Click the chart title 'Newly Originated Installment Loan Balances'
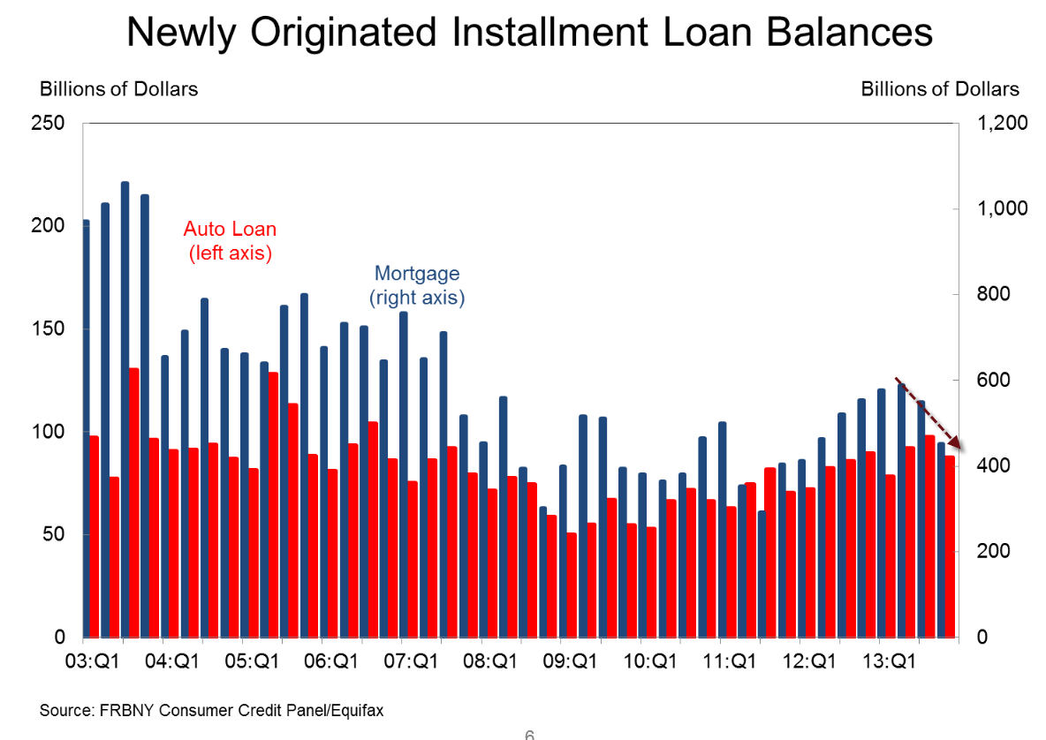529,34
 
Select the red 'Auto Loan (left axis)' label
230,240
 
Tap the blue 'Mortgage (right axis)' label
417,285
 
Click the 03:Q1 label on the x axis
93,661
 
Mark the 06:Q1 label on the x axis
332,661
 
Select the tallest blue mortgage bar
125,406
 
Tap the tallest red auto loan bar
134,503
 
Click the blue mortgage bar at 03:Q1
86,428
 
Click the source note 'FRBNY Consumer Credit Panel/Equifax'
212,709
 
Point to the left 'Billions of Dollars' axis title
118,89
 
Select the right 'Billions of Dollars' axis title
940,89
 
